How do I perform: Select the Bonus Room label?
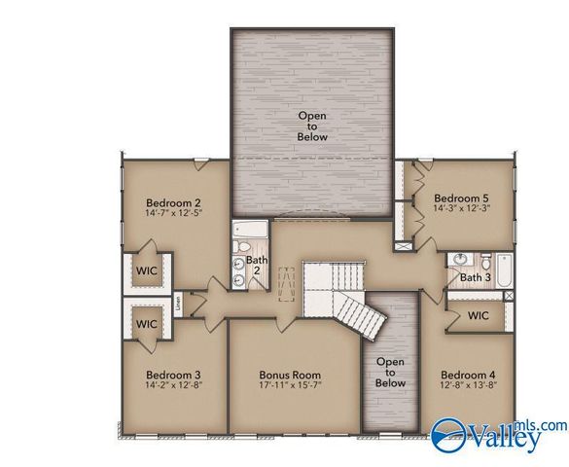(x=290, y=375)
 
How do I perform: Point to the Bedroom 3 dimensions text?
(x=173, y=387)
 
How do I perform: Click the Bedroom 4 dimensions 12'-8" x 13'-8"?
(x=467, y=387)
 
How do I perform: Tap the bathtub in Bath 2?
(x=251, y=233)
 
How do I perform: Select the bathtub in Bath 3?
(x=503, y=269)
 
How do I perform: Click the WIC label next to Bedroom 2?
(x=147, y=269)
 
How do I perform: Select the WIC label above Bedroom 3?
(x=146, y=323)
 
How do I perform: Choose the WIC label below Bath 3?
(x=479, y=316)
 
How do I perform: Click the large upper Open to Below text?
(x=312, y=126)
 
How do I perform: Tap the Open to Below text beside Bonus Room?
(x=390, y=373)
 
